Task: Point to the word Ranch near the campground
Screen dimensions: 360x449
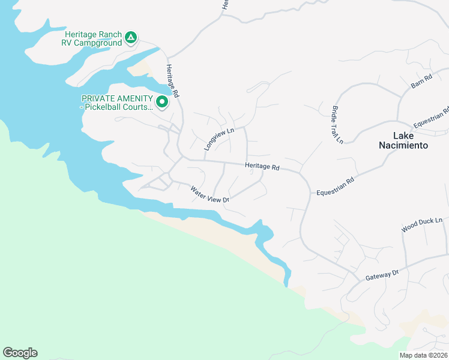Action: [107, 34]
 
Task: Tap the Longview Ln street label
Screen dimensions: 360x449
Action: [218, 138]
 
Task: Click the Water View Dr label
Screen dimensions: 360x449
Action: [210, 195]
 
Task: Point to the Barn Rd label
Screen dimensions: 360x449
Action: [421, 82]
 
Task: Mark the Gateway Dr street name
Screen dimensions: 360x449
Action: [382, 275]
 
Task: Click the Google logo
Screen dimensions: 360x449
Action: [20, 353]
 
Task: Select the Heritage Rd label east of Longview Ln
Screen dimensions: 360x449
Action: [262, 167]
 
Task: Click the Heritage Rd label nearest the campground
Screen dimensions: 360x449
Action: [173, 81]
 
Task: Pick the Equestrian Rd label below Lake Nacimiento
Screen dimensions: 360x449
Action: [336, 185]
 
